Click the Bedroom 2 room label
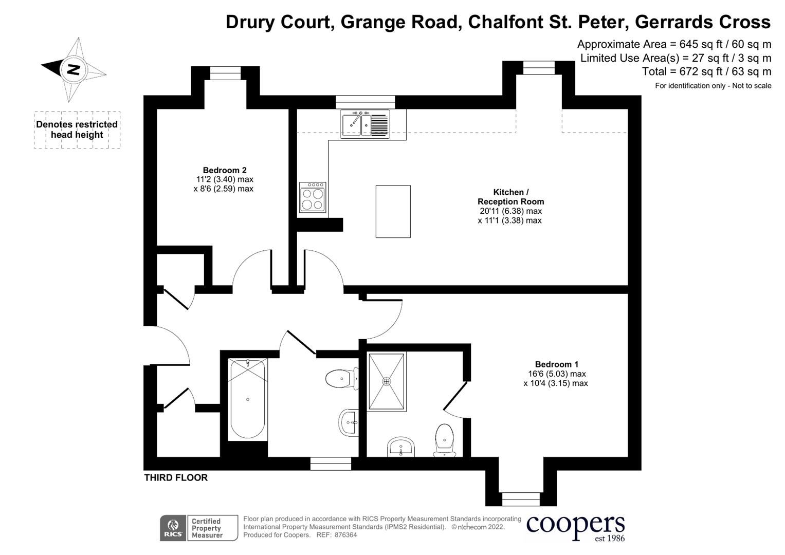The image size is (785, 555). point(224,170)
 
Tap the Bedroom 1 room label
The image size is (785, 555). point(556,364)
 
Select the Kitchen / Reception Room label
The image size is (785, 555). point(510,197)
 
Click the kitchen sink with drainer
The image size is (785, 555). point(365,124)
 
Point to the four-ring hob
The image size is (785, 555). point(313,197)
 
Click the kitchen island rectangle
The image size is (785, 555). point(393,211)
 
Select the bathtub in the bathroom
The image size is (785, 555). point(248,399)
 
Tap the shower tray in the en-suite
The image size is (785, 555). point(387,381)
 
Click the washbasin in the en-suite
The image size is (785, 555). point(400,448)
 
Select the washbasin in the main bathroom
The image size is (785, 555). point(349,423)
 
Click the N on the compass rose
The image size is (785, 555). point(73,69)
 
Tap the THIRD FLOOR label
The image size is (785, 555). point(176,477)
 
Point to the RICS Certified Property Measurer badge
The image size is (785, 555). point(199,528)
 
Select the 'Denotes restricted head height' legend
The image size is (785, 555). point(77,129)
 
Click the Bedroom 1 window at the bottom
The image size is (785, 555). point(521,499)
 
